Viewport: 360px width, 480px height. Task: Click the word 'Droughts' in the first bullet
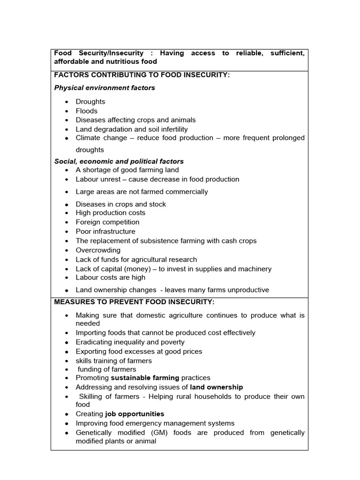coord(90,102)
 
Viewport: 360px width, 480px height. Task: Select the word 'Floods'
coord(87,111)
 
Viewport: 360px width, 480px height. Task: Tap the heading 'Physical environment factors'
coord(105,88)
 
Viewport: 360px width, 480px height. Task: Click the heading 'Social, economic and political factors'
coord(119,161)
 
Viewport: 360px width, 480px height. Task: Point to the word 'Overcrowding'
coord(98,250)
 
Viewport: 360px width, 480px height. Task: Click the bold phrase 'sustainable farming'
coord(145,378)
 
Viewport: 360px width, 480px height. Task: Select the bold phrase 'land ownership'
coord(217,387)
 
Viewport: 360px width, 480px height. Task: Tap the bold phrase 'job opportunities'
coord(135,414)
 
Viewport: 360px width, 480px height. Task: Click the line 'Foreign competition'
coord(107,222)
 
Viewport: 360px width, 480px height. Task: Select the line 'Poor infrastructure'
coord(105,232)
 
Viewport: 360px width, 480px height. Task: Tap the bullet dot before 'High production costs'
coord(67,213)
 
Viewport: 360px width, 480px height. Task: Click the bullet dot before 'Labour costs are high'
coord(67,278)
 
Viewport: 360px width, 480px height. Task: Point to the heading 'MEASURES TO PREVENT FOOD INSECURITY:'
coord(134,302)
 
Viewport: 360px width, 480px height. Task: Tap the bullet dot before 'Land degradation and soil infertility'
coord(67,130)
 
